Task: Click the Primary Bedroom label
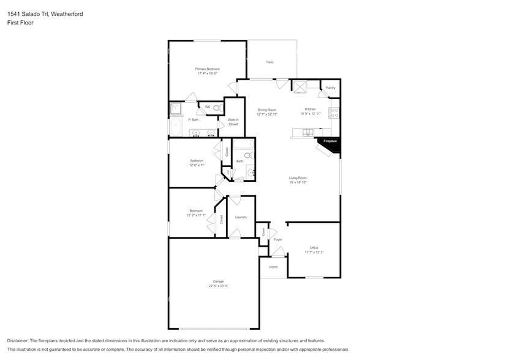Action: click(x=207, y=69)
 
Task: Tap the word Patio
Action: click(x=270, y=62)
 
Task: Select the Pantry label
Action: click(x=331, y=88)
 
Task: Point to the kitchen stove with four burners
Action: click(x=335, y=113)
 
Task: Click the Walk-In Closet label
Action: click(x=233, y=122)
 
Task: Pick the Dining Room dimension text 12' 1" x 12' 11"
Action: click(x=267, y=114)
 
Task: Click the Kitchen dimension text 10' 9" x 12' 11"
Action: click(x=311, y=114)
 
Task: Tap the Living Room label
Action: click(x=298, y=178)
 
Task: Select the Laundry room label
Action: click(x=241, y=217)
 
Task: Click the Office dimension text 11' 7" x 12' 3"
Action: click(x=314, y=252)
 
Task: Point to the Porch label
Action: click(x=273, y=267)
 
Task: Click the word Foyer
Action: click(x=278, y=239)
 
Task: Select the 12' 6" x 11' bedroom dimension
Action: click(x=197, y=165)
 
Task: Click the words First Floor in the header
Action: click(x=20, y=23)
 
